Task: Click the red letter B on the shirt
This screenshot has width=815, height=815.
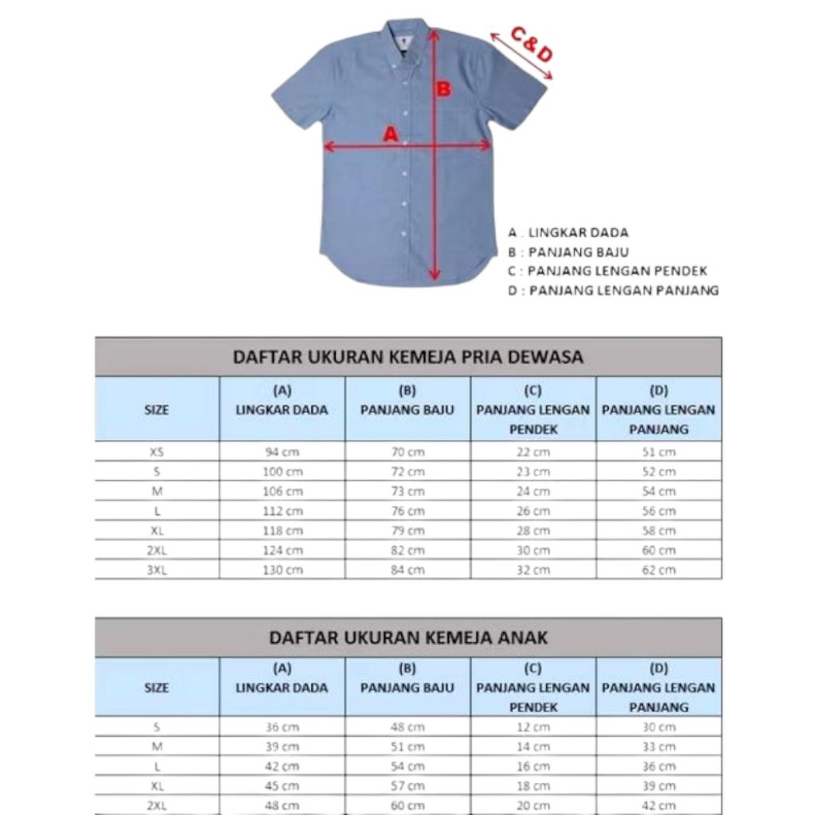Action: click(443, 89)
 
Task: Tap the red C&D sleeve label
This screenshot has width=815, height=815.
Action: click(532, 45)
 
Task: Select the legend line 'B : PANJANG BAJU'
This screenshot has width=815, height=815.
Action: click(568, 252)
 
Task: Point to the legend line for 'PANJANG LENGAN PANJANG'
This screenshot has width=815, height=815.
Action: click(614, 291)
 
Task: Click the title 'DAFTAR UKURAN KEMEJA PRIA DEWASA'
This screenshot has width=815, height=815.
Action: click(407, 357)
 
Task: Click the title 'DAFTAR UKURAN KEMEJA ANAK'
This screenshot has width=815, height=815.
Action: click(407, 638)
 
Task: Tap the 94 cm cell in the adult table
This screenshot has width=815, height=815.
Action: click(283, 451)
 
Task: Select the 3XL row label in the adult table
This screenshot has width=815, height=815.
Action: click(157, 570)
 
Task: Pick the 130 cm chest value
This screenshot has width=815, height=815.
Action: click(283, 570)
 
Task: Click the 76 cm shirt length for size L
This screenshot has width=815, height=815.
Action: click(407, 511)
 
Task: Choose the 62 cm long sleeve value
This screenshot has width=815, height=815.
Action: click(659, 570)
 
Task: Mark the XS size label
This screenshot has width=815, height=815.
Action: click(157, 451)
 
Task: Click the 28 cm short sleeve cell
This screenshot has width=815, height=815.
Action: click(533, 531)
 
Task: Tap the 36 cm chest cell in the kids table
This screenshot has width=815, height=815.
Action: click(283, 727)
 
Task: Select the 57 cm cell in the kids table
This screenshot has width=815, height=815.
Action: click(407, 786)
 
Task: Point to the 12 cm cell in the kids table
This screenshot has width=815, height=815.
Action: click(533, 727)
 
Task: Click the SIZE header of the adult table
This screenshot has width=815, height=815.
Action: click(157, 411)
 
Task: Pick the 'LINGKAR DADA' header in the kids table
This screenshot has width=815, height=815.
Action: click(282, 688)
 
